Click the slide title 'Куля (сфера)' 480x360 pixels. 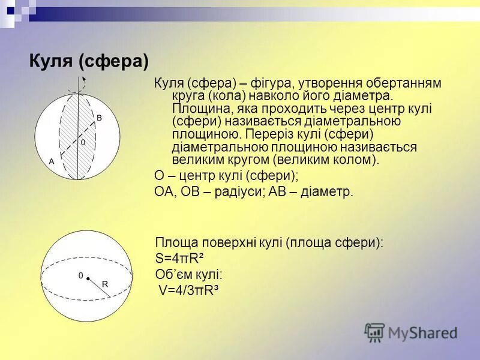click(x=89, y=61)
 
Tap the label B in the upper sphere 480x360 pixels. click(x=100, y=118)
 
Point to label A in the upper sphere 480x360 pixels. click(x=52, y=161)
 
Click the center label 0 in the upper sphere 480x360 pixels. click(x=83, y=143)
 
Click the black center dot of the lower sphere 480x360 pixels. click(x=88, y=278)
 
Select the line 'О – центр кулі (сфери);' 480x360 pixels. click(x=226, y=176)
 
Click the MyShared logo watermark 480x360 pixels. click(x=410, y=332)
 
